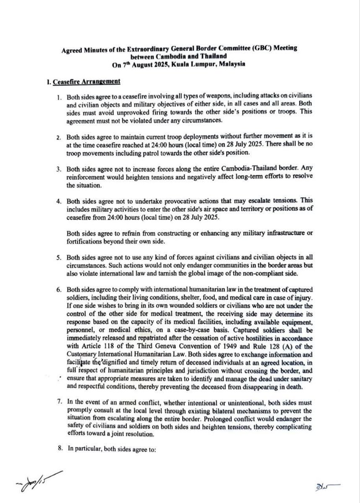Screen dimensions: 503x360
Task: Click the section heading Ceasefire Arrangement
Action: (x=87, y=81)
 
